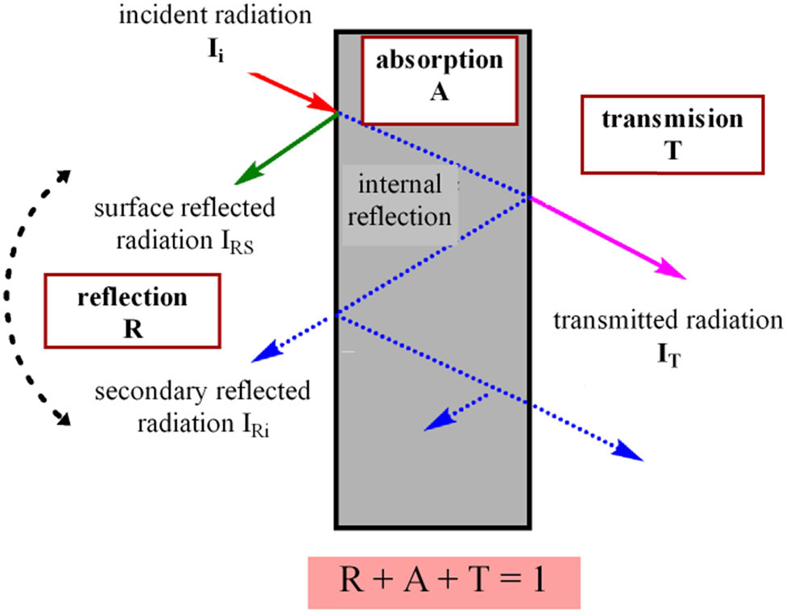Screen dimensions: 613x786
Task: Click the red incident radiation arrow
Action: click(290, 90)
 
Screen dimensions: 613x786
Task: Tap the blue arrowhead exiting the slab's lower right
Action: click(632, 454)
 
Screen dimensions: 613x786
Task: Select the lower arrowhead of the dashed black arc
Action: click(62, 418)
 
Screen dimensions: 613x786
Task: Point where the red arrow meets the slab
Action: click(336, 112)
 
